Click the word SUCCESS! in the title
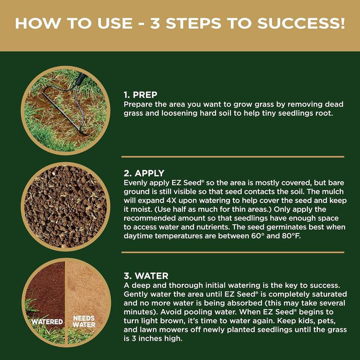tap(301, 23)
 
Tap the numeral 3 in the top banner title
tap(155, 23)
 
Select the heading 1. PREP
tap(140, 94)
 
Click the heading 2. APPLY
tap(144, 173)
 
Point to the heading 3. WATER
tap(146, 276)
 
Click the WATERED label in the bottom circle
tap(47, 322)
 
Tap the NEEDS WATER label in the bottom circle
tap(84, 321)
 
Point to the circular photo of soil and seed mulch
tap(65, 207)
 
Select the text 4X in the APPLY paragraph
tap(171, 200)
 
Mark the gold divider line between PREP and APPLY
tap(233, 157)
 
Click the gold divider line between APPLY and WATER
tap(233, 252)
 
